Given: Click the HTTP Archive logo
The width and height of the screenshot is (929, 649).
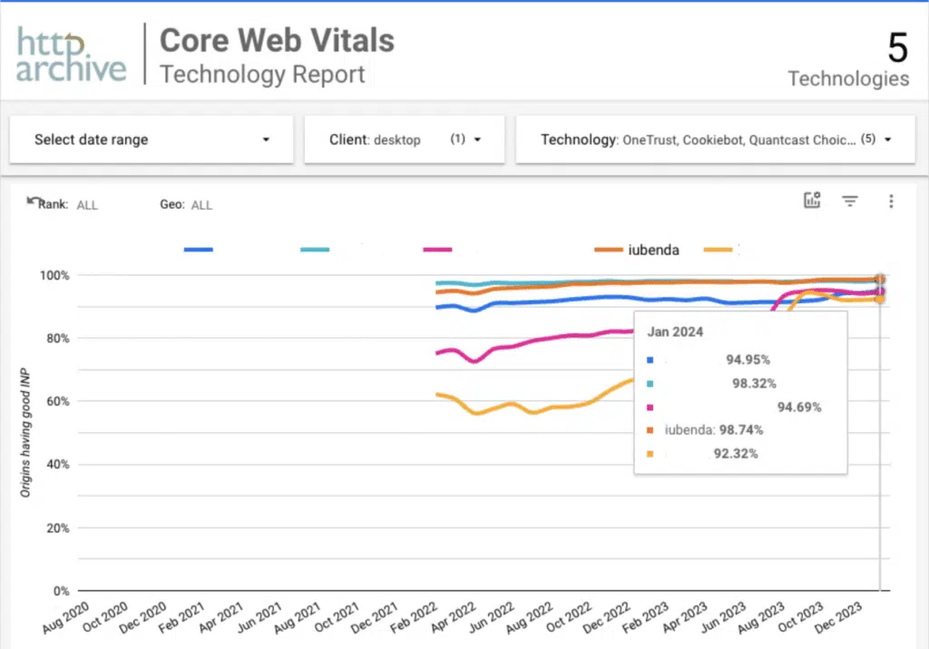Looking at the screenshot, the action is (71, 54).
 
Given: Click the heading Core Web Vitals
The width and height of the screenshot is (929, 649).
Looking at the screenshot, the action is (277, 40).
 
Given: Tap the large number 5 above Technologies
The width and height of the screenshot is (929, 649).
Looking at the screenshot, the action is (897, 47).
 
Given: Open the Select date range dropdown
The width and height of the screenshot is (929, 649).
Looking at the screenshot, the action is (152, 139).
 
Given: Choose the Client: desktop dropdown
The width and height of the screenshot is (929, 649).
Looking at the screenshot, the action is (404, 139).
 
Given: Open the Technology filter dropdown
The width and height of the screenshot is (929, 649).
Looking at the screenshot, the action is (715, 139).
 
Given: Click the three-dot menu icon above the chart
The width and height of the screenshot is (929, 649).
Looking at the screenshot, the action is (891, 202).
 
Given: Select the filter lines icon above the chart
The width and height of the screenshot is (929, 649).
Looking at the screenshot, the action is (849, 202).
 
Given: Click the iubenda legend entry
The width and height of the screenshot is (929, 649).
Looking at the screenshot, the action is (636, 250).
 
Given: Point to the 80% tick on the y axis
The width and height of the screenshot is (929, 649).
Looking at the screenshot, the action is (57, 339).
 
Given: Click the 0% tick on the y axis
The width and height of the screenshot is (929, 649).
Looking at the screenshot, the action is (61, 591).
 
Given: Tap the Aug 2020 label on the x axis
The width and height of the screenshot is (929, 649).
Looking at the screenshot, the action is (65, 617).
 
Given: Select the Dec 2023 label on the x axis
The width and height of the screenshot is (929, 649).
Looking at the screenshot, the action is (837, 617).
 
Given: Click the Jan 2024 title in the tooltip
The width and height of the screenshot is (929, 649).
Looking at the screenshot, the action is (675, 332).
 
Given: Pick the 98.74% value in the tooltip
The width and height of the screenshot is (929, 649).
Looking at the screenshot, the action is (740, 429).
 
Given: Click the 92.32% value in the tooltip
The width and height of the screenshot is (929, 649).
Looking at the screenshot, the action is (735, 454).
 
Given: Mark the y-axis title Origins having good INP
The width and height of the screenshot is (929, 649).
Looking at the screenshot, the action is (24, 432).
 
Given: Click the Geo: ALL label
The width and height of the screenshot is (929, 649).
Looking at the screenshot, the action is (186, 204).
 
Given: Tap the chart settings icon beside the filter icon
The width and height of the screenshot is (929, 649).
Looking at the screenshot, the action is (812, 201).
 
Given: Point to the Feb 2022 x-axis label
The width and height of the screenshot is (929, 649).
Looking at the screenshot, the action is (413, 617).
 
